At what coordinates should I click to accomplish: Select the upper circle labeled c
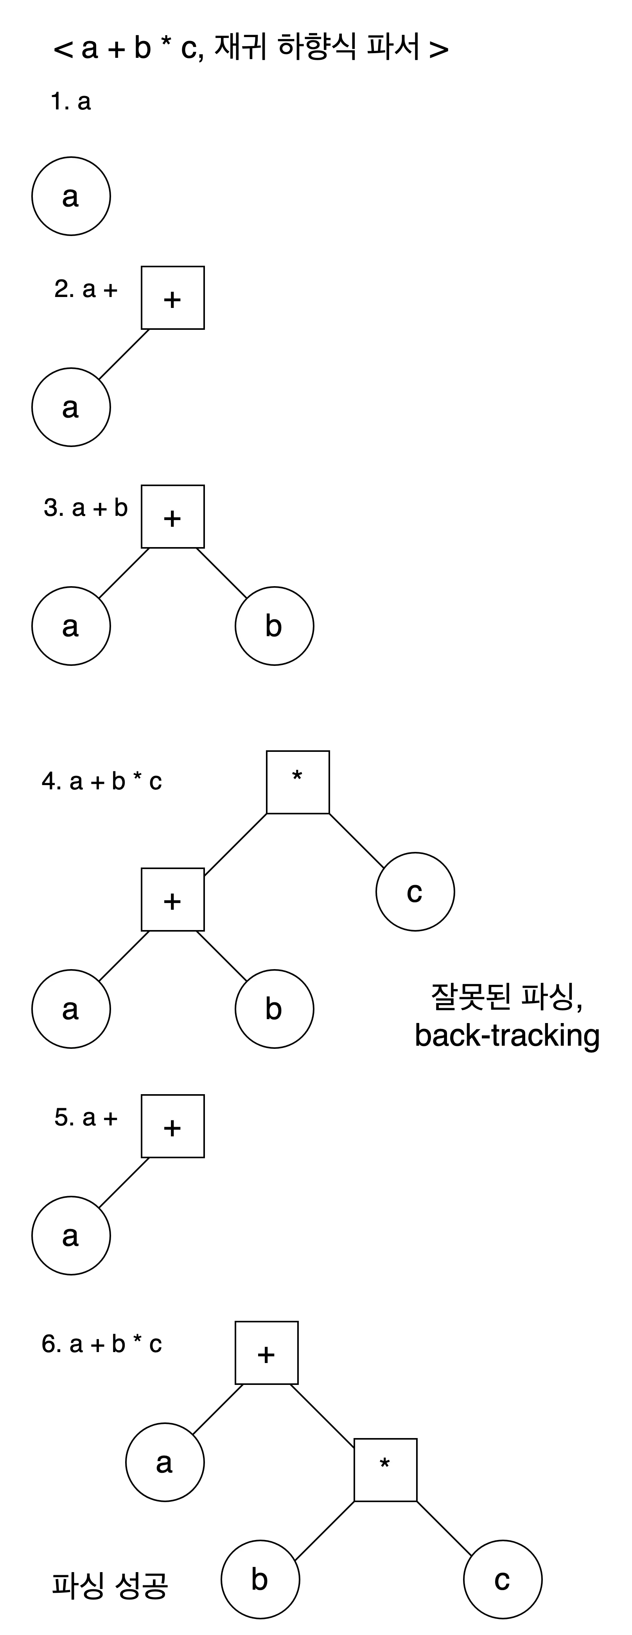coord(415,892)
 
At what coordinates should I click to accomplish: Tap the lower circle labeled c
coord(503,1579)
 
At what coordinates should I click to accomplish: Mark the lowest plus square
coord(267,1352)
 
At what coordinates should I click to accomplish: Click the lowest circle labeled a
coord(165,1462)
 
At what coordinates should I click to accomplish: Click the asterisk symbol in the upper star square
coord(296,776)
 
